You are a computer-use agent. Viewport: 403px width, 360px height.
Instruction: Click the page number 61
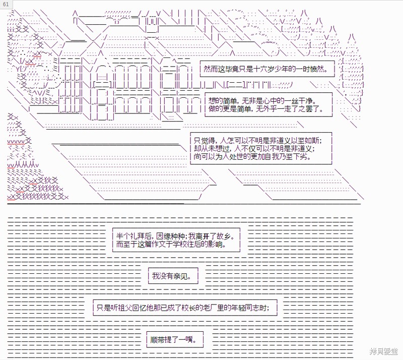pyautogui.click(x=6, y=4)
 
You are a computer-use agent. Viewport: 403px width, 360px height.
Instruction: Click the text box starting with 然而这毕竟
pyautogui.click(x=267, y=69)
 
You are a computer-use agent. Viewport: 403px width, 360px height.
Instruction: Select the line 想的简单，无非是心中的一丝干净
pyautogui.click(x=262, y=101)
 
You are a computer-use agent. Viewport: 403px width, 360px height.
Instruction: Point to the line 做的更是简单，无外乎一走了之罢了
pyautogui.click(x=266, y=109)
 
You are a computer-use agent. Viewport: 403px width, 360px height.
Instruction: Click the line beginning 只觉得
pyautogui.click(x=258, y=141)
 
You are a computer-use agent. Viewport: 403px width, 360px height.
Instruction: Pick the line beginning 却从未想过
pyautogui.click(x=254, y=148)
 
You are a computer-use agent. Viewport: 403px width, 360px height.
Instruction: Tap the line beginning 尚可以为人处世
pyautogui.click(x=252, y=156)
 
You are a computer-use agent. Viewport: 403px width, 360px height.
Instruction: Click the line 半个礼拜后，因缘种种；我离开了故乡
pyautogui.click(x=175, y=236)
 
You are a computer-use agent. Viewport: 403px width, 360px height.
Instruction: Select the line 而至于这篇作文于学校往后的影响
pyautogui.click(x=171, y=244)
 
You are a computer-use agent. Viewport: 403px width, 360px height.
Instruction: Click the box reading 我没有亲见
pyautogui.click(x=173, y=276)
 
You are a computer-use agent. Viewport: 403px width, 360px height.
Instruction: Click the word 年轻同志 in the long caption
pyautogui.click(x=245, y=308)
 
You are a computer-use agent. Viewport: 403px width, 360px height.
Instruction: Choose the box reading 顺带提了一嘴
pyautogui.click(x=175, y=340)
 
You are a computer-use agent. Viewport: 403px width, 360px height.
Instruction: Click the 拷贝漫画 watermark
pyautogui.click(x=384, y=351)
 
